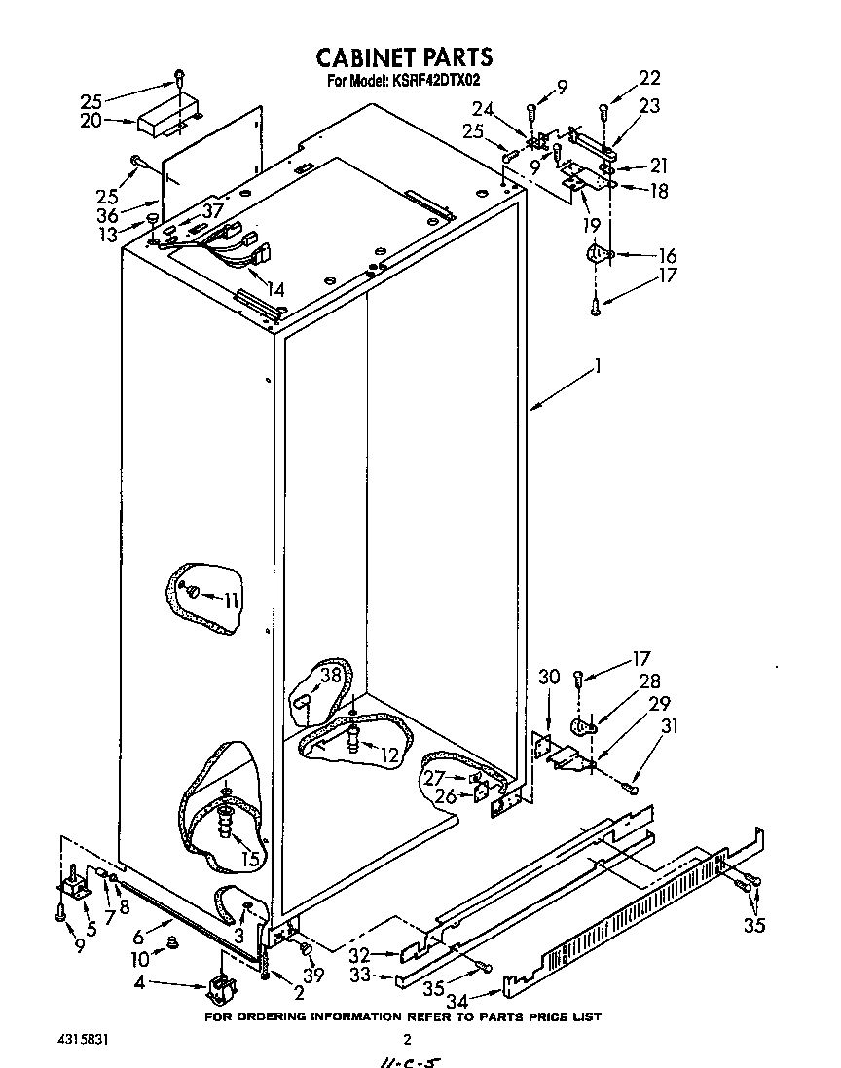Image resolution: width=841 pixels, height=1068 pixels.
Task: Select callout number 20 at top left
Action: [91, 121]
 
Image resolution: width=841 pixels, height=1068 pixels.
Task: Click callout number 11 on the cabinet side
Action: [230, 600]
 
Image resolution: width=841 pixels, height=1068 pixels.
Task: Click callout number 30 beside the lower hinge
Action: [549, 677]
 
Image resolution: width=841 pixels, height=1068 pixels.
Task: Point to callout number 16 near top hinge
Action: [668, 255]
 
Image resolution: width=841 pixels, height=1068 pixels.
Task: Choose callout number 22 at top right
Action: [649, 79]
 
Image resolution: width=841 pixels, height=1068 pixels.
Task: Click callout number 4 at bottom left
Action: [140, 984]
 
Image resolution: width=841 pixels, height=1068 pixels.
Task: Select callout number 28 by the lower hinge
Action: [649, 681]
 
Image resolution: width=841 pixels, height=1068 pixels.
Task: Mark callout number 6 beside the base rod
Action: [138, 937]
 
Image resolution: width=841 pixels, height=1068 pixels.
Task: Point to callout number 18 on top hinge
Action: [659, 191]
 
